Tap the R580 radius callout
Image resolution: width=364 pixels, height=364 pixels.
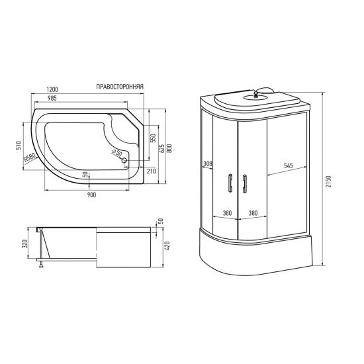tap(29, 159)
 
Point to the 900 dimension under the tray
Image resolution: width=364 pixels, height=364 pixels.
tap(91, 195)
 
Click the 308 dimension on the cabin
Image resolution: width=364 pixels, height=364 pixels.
tap(207, 163)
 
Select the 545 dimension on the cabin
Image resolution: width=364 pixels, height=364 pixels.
tap(289, 166)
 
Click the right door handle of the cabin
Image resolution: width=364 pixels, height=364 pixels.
tap(245, 183)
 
